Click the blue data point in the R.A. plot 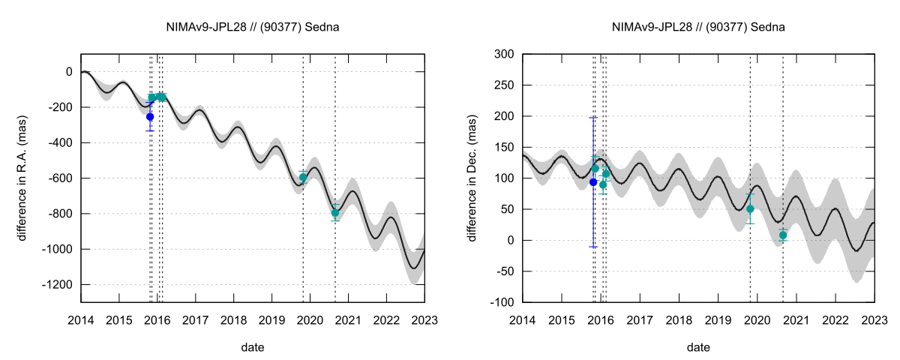pos(150,117)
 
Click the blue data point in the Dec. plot pos(593,182)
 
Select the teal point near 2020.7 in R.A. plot pos(335,213)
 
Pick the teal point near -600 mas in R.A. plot pos(303,177)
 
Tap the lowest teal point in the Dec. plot pos(783,235)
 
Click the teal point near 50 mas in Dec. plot pos(750,209)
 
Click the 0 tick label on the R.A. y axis pos(70,72)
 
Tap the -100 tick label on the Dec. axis pos(502,302)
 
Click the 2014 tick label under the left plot pos(81,320)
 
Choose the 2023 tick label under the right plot pos(874,320)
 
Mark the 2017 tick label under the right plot pos(640,320)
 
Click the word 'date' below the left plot pos(252,348)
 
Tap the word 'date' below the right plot pos(698,348)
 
